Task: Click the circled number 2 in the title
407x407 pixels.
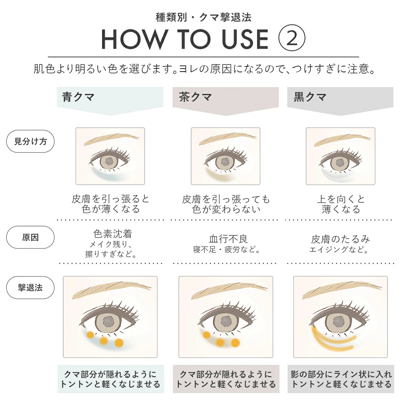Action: coord(292,38)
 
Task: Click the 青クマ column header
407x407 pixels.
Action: coord(78,97)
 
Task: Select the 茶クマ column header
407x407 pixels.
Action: coord(195,97)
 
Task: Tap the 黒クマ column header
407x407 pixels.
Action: coord(310,97)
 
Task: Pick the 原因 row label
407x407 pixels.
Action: coord(31,237)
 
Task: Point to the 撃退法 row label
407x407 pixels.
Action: coord(31,288)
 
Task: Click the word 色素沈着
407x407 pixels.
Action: coord(113,234)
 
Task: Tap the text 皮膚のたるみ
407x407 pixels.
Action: coord(340,239)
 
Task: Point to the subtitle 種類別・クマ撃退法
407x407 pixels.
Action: coord(203,17)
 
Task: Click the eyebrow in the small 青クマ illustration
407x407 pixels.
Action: coord(106,138)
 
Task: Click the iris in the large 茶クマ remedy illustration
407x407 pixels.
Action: coord(226,321)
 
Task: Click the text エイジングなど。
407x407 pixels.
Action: coord(339,249)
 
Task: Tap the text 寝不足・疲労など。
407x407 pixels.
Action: coord(226,249)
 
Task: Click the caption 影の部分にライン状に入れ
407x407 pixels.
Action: coord(341,374)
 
